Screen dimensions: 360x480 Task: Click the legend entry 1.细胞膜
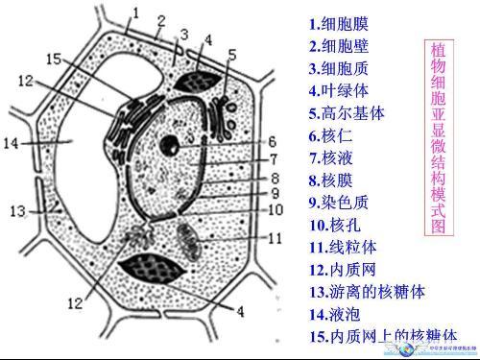coord(339,23)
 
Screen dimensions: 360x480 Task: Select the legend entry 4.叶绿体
coord(339,91)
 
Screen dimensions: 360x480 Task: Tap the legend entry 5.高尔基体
coord(347,113)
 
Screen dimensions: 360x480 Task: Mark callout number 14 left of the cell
coord(12,144)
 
